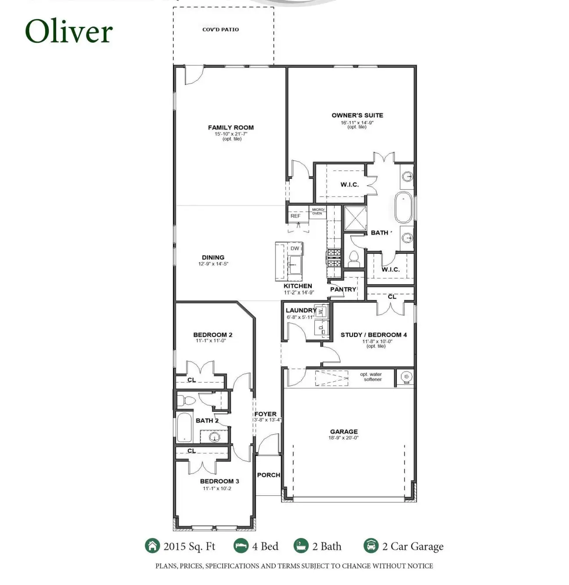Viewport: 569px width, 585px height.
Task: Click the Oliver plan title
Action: pos(69,32)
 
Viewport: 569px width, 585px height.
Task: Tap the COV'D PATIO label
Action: pos(220,30)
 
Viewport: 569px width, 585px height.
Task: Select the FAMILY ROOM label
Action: pos(230,128)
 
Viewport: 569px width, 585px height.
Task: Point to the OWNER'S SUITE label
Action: pos(357,116)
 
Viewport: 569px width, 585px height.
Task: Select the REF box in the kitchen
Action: pos(295,216)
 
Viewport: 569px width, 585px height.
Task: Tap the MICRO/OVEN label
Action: pos(317,212)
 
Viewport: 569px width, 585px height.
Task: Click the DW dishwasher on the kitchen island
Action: pos(295,249)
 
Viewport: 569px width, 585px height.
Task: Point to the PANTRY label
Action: pos(343,289)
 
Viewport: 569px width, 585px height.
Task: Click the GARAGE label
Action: pos(344,432)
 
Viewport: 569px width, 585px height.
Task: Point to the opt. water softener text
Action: pos(371,377)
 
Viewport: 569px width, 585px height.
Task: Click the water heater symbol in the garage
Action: pos(406,377)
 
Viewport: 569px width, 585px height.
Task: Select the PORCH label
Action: pos(268,475)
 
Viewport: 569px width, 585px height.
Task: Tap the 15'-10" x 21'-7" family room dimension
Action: pos(231,134)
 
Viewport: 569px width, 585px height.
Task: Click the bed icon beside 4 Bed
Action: pos(241,546)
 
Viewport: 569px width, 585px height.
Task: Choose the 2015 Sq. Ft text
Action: pos(189,546)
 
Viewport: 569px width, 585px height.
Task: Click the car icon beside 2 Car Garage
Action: pos(371,546)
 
